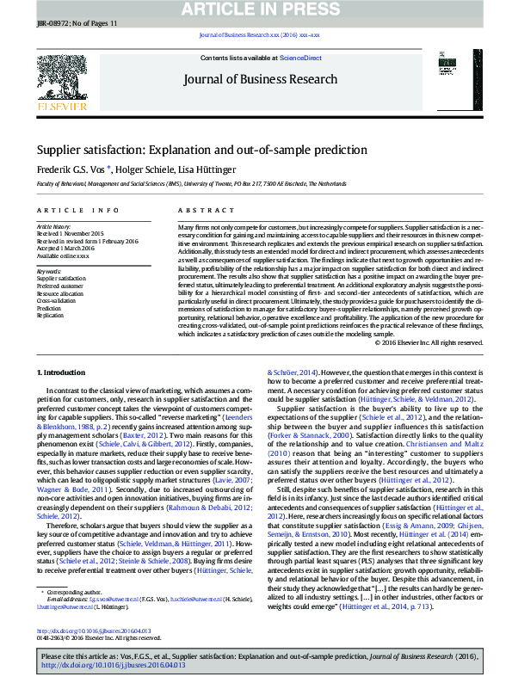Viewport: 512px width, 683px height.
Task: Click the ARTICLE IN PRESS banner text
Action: (x=256, y=9)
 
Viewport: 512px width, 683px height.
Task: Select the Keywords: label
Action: (x=49, y=271)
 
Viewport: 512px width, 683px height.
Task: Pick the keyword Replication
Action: (x=50, y=315)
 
